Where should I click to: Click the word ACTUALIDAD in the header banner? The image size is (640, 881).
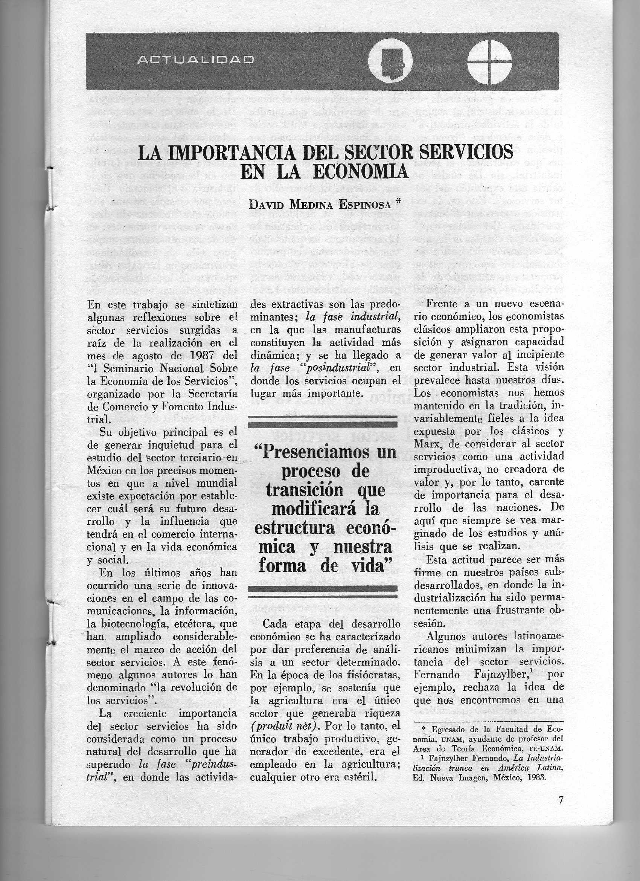pos(196,60)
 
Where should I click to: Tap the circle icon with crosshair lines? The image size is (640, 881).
pos(489,61)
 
